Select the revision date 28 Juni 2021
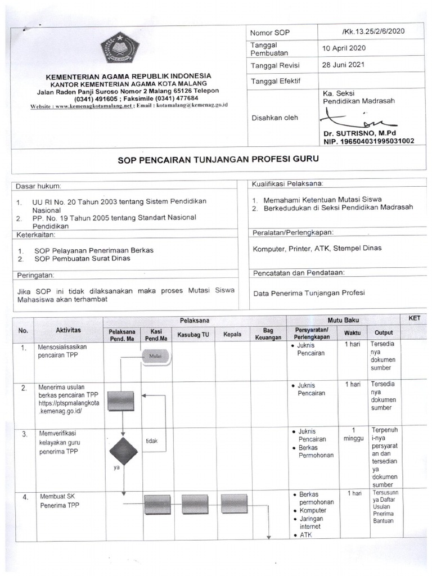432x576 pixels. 343,65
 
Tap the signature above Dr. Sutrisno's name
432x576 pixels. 349,119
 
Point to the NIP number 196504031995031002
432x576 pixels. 368,141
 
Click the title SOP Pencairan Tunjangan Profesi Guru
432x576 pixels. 218,159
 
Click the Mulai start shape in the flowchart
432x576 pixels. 155,355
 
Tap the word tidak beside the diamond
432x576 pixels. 151,441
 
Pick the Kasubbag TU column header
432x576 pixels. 193,334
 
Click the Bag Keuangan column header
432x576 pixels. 268,334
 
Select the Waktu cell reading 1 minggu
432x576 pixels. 353,434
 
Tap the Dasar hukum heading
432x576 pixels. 38,186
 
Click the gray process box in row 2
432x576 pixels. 120,401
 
